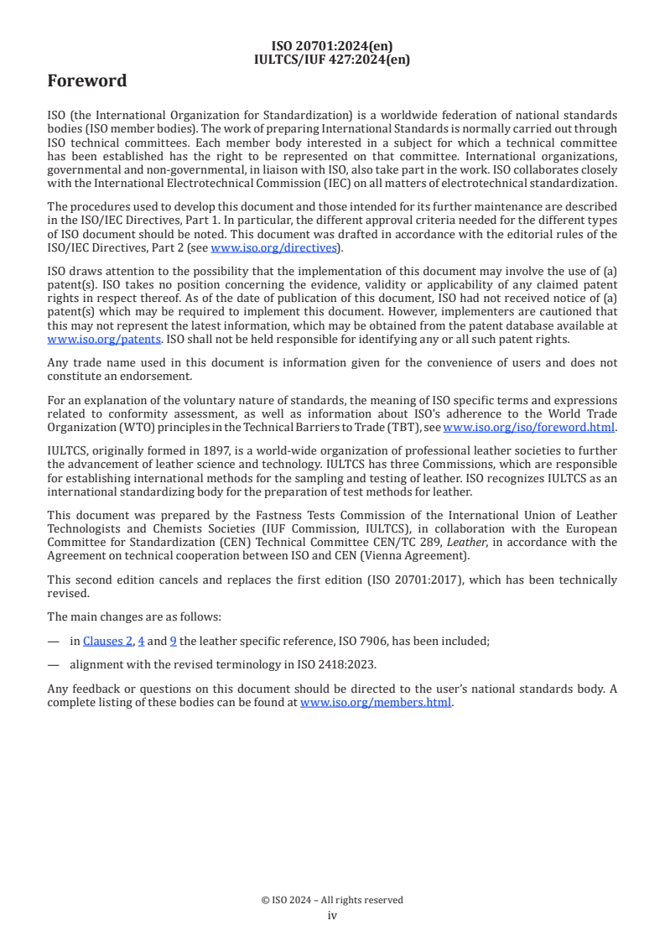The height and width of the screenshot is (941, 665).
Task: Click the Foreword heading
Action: click(x=87, y=81)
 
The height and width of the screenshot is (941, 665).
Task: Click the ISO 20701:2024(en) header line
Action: click(x=332, y=46)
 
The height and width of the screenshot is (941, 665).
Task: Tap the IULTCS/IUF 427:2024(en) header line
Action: click(x=332, y=59)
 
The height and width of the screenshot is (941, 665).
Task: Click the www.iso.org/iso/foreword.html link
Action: click(x=529, y=427)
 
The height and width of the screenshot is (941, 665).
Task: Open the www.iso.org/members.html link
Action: click(x=376, y=702)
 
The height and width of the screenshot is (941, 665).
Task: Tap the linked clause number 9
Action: click(x=173, y=641)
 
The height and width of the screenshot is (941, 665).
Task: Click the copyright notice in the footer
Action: click(x=332, y=900)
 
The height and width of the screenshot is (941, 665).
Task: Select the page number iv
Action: click(x=332, y=915)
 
